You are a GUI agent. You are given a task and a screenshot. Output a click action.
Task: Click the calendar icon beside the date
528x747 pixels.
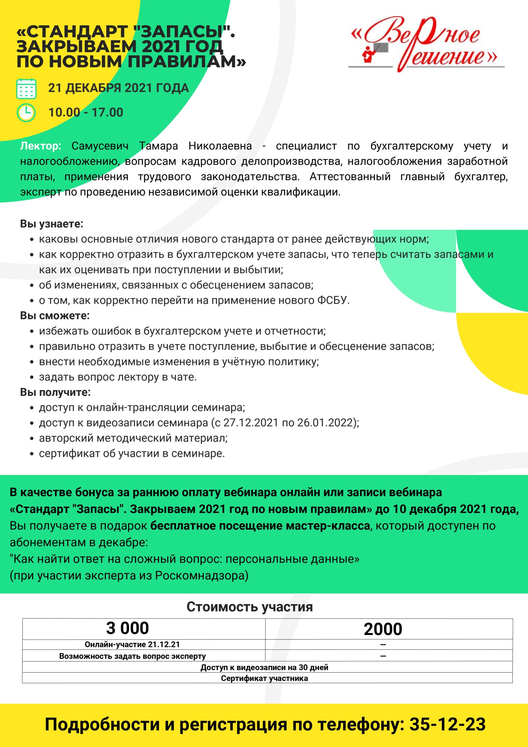[x=26, y=88]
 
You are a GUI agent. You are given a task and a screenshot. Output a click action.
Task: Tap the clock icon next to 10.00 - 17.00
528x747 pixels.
[x=26, y=113]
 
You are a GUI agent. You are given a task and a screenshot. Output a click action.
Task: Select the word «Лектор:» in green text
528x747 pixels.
[x=41, y=146]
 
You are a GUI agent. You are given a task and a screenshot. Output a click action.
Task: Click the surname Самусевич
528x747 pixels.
[x=100, y=146]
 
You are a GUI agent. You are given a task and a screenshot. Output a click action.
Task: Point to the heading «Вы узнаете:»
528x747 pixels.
[x=52, y=224]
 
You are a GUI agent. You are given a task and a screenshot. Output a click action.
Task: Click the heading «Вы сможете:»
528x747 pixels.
[x=55, y=316]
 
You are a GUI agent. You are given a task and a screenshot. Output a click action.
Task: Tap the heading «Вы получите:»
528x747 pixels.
[x=55, y=392]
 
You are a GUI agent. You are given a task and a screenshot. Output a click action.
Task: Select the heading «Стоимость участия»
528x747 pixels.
[x=249, y=607]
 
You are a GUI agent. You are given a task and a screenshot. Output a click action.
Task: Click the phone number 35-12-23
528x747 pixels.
[x=447, y=724]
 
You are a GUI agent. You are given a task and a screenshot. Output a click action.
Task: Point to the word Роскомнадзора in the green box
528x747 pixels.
[x=202, y=575]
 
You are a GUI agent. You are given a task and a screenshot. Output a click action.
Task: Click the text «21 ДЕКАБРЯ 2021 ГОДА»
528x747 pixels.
[x=118, y=88]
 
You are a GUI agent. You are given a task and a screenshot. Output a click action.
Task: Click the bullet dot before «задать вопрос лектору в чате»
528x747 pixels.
[x=32, y=377]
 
